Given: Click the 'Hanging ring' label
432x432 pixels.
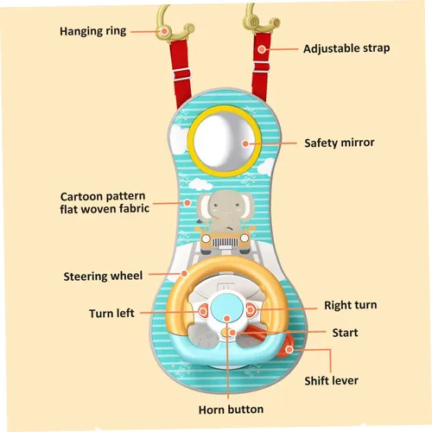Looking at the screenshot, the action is (x=92, y=31).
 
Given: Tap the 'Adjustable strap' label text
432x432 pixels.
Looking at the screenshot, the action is (x=346, y=48).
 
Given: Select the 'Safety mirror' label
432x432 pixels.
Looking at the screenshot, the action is (x=340, y=143).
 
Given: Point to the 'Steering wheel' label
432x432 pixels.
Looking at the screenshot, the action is (x=103, y=276).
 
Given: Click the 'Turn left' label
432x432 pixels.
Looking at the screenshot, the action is (x=111, y=313).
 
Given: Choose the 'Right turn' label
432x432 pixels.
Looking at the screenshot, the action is (x=351, y=305).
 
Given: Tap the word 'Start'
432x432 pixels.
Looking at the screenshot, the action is (x=345, y=333).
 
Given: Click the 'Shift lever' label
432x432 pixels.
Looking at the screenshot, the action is (x=332, y=381).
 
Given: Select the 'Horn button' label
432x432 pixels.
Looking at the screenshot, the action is (x=231, y=410).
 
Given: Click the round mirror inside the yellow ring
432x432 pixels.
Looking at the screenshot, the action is (x=224, y=141).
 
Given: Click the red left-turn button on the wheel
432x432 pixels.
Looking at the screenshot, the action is (x=203, y=311).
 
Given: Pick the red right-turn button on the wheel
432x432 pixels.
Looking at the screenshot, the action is (x=250, y=309).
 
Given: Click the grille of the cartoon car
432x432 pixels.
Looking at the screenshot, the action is (x=222, y=244).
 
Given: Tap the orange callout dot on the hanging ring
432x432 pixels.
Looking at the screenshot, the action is (x=164, y=31).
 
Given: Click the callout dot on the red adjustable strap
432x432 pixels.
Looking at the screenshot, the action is (x=262, y=49).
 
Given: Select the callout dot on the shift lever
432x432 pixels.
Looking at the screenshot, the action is (x=289, y=350).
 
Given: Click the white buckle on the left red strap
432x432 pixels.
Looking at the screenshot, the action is (x=181, y=74).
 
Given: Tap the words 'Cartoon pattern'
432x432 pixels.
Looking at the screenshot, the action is (x=103, y=196).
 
